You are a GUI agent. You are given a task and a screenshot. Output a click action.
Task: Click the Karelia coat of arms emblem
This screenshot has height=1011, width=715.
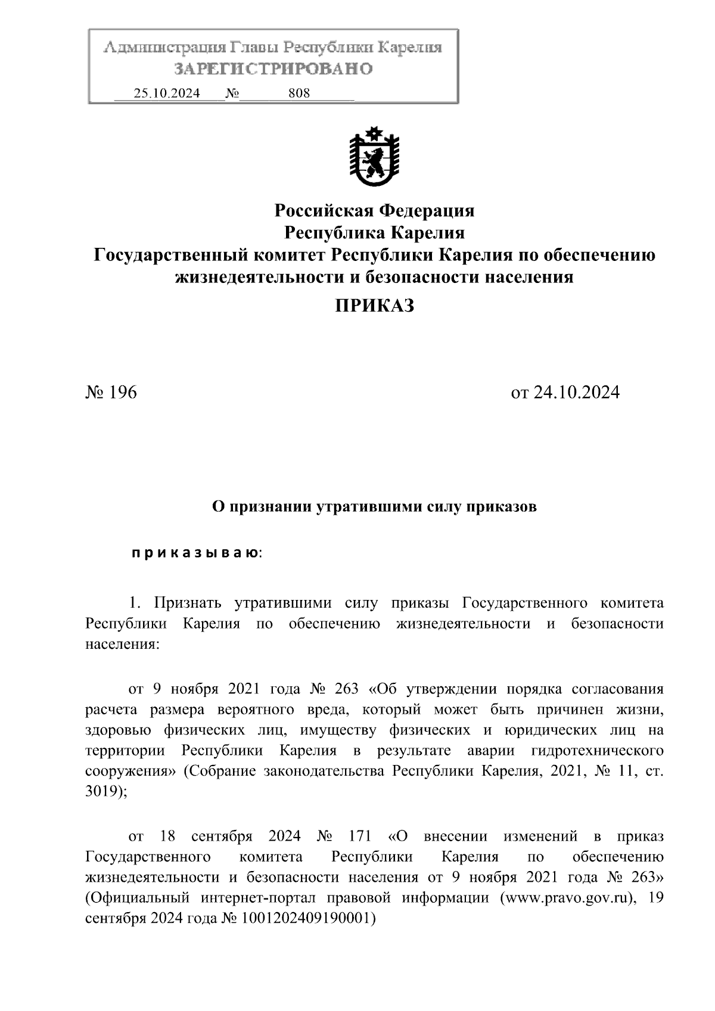point(374,156)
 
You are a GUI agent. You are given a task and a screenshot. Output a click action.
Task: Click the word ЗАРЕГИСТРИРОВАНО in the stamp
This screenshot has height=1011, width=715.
point(273,69)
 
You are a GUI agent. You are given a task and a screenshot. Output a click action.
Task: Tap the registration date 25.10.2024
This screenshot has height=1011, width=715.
point(167,94)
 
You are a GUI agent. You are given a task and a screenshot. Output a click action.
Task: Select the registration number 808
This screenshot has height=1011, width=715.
point(299,94)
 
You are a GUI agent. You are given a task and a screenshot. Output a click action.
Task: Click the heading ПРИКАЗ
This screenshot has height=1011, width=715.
point(374,306)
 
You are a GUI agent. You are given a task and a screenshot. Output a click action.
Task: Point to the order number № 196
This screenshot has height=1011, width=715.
point(111,393)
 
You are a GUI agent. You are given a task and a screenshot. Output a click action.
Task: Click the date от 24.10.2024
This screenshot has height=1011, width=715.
point(565,393)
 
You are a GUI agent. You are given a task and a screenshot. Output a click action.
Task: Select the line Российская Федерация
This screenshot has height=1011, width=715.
point(374,210)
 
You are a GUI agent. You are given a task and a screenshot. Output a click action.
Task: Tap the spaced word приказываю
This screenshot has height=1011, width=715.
point(195,553)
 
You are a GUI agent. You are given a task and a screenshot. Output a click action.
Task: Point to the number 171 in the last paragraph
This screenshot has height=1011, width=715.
point(360,836)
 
